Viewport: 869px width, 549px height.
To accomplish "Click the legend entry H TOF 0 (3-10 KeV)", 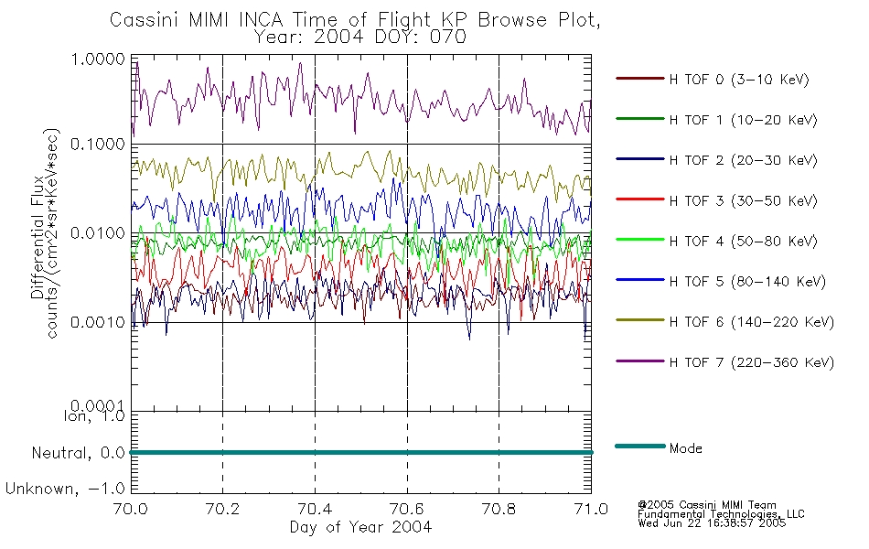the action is [739, 80].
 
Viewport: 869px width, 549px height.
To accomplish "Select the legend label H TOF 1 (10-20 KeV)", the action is [743, 120].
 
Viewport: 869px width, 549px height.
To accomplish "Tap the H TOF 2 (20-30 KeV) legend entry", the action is [743, 160].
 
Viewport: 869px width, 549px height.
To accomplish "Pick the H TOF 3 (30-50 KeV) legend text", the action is [743, 200].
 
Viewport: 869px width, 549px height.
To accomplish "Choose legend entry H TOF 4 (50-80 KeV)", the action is [743, 242].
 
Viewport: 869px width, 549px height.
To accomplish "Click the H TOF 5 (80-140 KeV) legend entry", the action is [747, 282].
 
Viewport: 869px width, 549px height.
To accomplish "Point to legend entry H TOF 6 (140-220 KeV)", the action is [751, 322].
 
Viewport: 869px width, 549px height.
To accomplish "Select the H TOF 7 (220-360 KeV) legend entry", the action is [751, 362].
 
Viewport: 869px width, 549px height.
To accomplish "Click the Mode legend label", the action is [685, 448].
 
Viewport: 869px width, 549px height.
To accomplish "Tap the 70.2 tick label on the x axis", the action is [222, 509].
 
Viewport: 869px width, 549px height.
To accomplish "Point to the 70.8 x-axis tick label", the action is [499, 509].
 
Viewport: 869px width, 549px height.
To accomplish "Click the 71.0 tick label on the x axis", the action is [591, 509].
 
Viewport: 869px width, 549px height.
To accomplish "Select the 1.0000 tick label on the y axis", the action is [98, 59].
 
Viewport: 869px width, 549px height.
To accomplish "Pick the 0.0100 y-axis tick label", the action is [98, 233].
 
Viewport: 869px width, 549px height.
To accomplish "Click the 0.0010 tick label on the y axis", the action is [98, 322].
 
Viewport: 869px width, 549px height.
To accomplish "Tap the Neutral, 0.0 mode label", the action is [78, 454].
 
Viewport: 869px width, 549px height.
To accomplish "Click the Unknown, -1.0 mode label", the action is [65, 490].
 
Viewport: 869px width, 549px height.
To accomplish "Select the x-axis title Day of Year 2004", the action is [360, 527].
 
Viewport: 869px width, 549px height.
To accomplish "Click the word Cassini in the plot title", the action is [145, 20].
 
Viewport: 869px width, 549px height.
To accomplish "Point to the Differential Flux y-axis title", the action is [38, 237].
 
